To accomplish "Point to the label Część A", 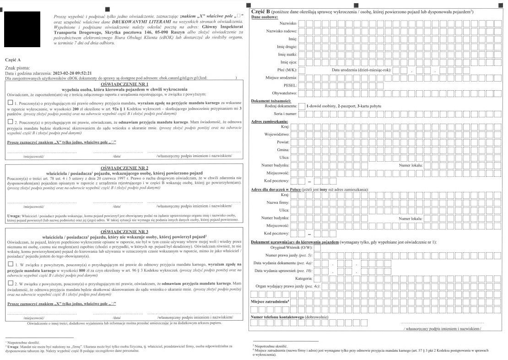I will pyautogui.click(x=13, y=60).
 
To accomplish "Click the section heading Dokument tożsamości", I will pyautogui.click(x=272, y=100).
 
